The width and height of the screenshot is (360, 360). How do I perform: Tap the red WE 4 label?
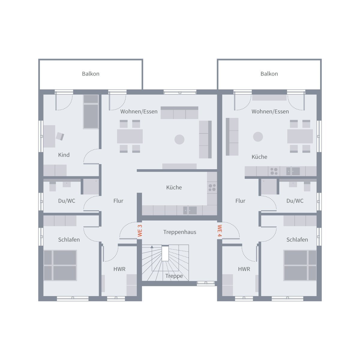(x=220, y=231)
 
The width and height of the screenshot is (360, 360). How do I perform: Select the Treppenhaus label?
(x=180, y=232)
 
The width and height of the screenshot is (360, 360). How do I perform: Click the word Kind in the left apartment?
(x=64, y=155)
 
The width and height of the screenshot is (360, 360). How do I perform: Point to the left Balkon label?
(x=91, y=74)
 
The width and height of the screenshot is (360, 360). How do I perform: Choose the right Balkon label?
(x=269, y=74)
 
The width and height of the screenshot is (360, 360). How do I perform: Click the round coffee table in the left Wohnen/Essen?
(x=179, y=139)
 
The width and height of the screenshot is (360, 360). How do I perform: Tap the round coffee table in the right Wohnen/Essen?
(x=258, y=137)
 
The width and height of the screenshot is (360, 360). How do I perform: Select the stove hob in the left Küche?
(x=212, y=187)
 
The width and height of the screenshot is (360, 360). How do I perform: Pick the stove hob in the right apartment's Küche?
(x=274, y=171)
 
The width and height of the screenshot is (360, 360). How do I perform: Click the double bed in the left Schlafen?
(x=60, y=265)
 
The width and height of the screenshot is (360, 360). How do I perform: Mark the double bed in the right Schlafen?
(x=300, y=265)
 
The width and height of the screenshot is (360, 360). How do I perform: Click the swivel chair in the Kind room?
(x=60, y=136)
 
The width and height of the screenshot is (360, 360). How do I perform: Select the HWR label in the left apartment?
(x=119, y=269)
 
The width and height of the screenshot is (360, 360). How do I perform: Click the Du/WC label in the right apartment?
(x=295, y=201)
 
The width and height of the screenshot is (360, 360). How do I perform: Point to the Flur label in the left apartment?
(x=118, y=201)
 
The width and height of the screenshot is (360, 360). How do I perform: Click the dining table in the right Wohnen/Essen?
(x=300, y=136)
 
